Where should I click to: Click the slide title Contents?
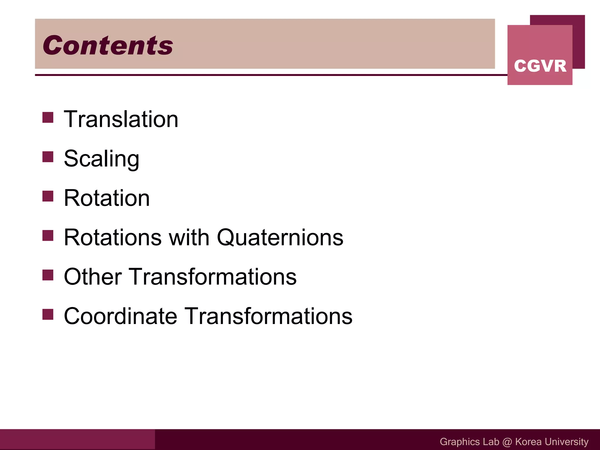tap(108, 45)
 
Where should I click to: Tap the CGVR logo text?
tap(540, 66)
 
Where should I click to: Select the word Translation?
tap(121, 119)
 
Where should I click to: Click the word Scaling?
tap(101, 159)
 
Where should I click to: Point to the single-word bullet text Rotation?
tap(107, 198)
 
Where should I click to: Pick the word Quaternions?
tap(280, 238)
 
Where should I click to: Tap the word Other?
tap(93, 277)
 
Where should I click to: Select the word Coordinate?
tap(120, 316)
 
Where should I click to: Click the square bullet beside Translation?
tap(48, 117)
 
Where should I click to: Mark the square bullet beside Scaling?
tap(48, 157)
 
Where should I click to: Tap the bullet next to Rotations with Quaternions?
tap(48, 235)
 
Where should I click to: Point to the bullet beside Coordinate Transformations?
tap(48, 314)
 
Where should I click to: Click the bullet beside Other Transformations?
tap(48, 275)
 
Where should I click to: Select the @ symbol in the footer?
tap(507, 442)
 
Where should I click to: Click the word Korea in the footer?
tap(528, 442)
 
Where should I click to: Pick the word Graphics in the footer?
tap(459, 442)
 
